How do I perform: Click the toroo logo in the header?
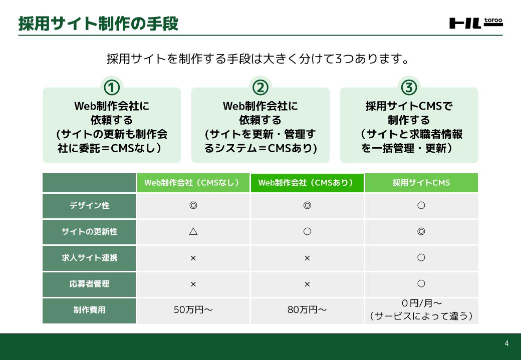476,23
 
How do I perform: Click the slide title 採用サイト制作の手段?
98,24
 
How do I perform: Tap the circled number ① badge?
112,88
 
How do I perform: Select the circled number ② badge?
260,88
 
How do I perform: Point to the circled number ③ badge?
409,88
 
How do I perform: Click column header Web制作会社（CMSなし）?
193,183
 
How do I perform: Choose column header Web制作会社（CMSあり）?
307,183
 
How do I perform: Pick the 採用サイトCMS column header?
421,183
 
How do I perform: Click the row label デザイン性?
89,206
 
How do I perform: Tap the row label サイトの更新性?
89,231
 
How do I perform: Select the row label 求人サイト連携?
89,258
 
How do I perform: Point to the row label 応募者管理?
89,284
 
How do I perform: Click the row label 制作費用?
89,310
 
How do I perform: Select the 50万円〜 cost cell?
193,310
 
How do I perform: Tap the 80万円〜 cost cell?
307,310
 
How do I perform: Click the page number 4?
506,343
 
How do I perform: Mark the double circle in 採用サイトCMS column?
421,231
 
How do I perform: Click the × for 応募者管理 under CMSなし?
193,284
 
